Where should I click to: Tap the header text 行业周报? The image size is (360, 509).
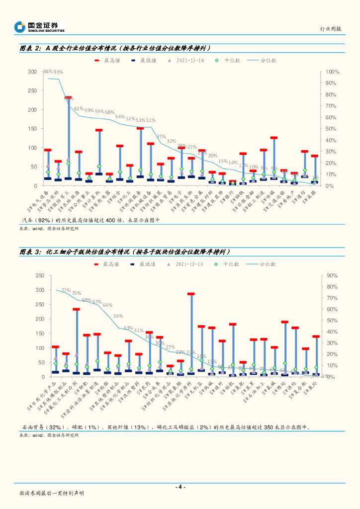click(x=331, y=29)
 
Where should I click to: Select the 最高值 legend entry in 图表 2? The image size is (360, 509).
click(x=106, y=60)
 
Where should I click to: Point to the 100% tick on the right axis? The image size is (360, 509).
click(x=333, y=72)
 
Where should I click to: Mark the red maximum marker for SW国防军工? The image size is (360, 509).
click(x=68, y=98)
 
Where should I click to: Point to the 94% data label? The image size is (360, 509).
click(x=48, y=72)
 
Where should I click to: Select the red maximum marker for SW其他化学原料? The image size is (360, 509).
click(x=191, y=294)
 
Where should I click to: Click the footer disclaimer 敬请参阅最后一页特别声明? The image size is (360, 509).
click(x=52, y=493)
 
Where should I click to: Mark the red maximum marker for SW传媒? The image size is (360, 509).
click(x=273, y=138)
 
